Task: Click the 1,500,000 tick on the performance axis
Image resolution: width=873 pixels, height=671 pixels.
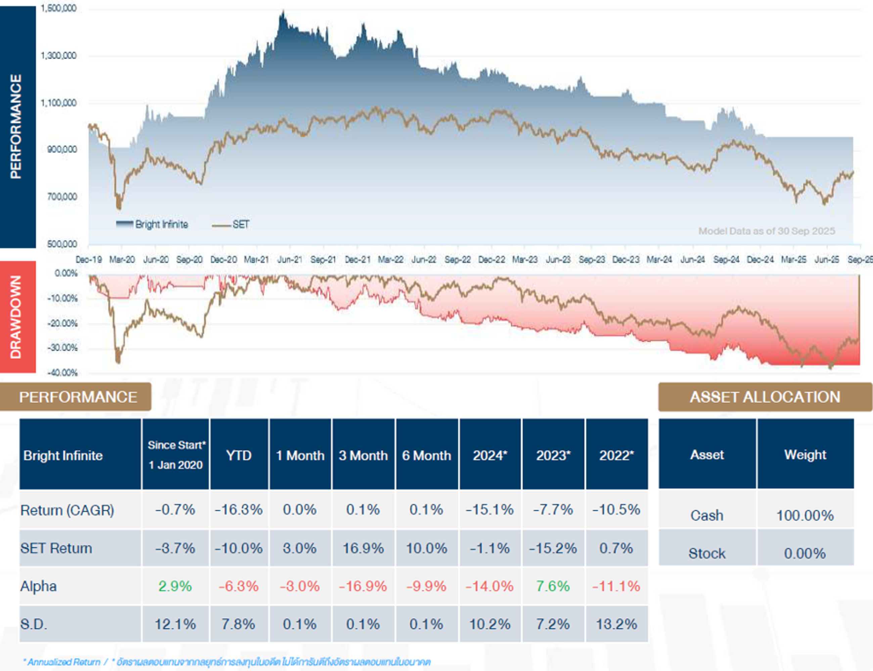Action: (58, 8)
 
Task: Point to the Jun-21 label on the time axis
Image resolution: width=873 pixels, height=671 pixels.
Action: (290, 260)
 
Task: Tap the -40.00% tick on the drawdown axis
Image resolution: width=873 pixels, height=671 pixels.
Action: (62, 373)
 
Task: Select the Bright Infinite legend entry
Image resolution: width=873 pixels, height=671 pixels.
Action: (152, 224)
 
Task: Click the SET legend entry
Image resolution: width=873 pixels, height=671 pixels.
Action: (231, 224)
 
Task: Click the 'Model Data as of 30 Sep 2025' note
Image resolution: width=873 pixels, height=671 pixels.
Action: (766, 231)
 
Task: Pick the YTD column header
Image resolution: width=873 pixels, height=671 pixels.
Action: (239, 455)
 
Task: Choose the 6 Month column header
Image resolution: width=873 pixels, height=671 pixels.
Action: (426, 455)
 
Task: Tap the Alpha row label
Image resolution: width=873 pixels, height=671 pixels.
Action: (38, 586)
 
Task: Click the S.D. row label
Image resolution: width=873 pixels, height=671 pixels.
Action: (34, 624)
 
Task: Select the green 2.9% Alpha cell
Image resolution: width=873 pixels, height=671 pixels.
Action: (175, 586)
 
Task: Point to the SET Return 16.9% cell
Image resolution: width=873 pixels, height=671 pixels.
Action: (363, 548)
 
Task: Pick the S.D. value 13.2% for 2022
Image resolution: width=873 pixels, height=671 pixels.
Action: (616, 624)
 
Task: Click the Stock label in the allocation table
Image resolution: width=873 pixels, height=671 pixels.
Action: (707, 553)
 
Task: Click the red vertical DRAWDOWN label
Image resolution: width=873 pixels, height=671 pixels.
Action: (16, 317)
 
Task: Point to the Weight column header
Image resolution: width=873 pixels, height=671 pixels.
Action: (805, 455)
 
